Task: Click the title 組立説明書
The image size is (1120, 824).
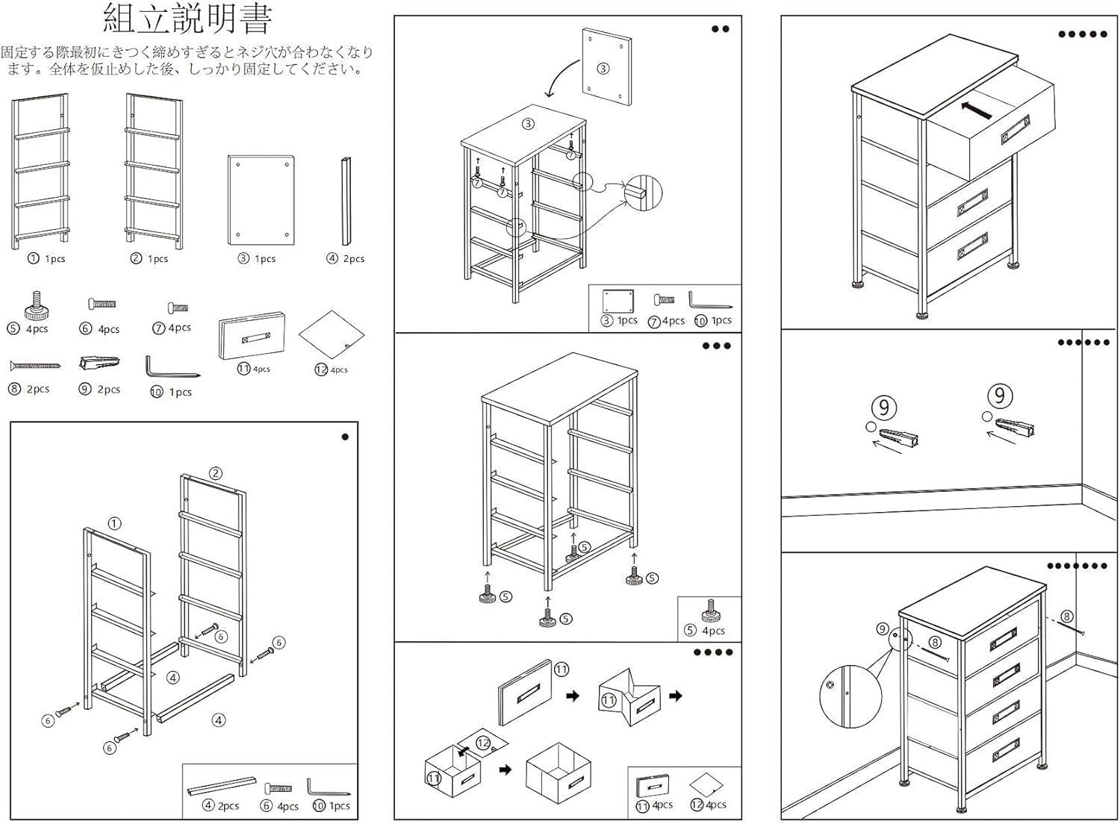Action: (x=187, y=19)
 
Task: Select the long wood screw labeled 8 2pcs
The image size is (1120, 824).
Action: (x=34, y=366)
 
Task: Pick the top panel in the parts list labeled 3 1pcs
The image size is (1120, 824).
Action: (x=261, y=200)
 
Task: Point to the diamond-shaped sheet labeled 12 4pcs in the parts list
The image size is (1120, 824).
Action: (x=331, y=335)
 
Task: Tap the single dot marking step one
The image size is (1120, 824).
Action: (x=345, y=437)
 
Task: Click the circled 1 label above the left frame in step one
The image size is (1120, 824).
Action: (x=114, y=523)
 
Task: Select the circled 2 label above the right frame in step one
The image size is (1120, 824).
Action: (x=215, y=472)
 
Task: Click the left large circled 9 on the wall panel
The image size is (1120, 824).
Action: (x=883, y=408)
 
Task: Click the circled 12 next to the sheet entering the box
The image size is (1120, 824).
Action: (x=482, y=743)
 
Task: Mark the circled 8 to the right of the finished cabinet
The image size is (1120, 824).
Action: (x=1066, y=617)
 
